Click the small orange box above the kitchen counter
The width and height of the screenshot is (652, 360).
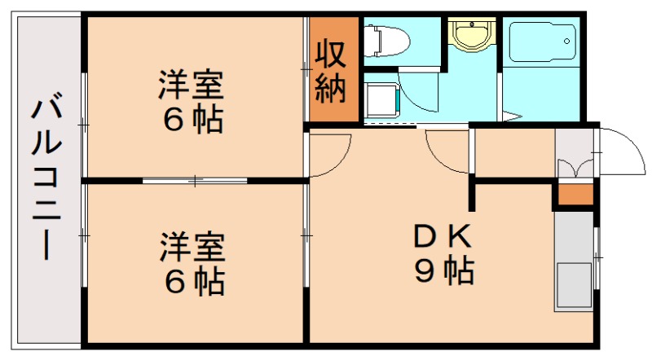tap(575, 195)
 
